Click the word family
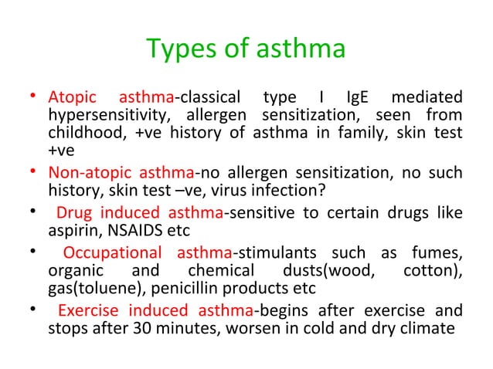coord(331,134)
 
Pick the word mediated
coord(427,98)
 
